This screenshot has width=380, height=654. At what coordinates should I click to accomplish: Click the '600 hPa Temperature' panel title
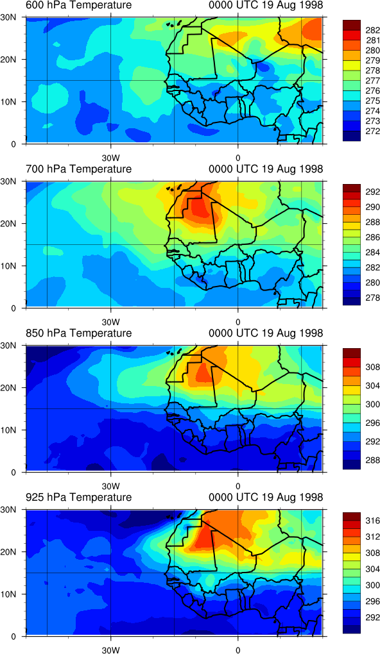click(78, 5)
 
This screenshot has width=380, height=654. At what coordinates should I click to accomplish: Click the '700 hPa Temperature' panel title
click(78, 169)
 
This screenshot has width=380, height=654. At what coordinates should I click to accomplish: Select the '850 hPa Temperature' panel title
click(78, 333)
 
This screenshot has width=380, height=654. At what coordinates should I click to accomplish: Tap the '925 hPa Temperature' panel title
click(78, 497)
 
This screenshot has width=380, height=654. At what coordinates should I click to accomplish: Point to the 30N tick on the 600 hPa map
click(13, 17)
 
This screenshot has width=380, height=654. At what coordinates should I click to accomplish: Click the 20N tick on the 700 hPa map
click(13, 224)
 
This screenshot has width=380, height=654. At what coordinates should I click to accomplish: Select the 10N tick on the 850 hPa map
click(13, 430)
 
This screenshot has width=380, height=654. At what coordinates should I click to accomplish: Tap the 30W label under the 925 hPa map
click(110, 650)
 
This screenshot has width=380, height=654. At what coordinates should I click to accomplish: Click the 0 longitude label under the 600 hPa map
click(237, 158)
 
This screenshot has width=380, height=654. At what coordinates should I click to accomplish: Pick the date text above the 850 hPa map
click(266, 333)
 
